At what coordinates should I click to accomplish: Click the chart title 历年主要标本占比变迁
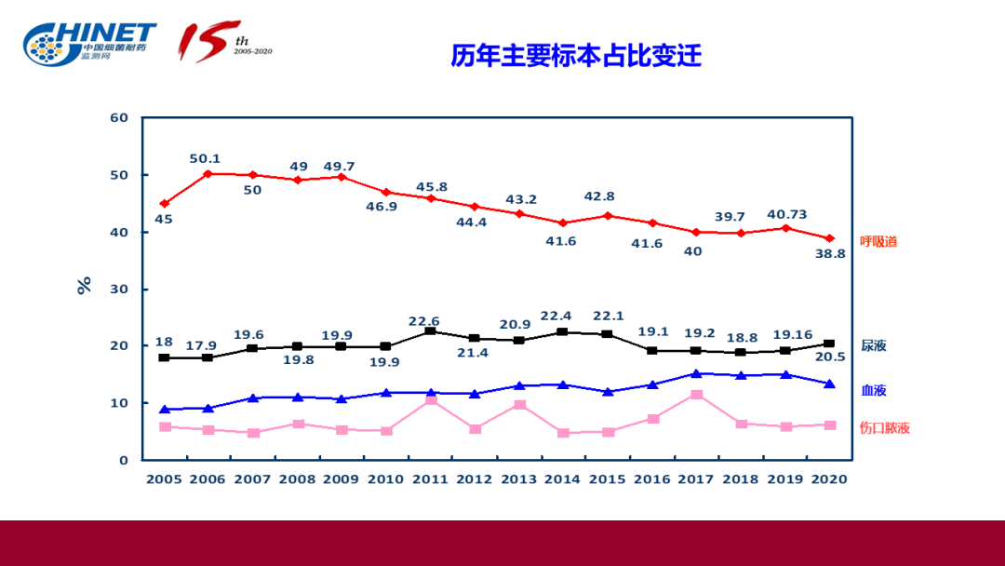[576, 56]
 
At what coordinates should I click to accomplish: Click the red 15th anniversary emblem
[224, 42]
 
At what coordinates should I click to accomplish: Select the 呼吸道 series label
[878, 241]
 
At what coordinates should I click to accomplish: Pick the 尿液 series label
[873, 345]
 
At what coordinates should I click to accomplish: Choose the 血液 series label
[873, 390]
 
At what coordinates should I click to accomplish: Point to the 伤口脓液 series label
[884, 428]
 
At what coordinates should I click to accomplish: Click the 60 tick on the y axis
[118, 118]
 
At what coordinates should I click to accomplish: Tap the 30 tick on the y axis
[118, 290]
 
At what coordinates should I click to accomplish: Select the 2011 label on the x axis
[430, 478]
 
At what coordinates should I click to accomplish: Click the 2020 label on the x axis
[828, 478]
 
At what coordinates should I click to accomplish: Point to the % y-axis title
[85, 285]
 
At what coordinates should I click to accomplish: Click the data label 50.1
[205, 158]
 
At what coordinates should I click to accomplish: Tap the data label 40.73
[786, 214]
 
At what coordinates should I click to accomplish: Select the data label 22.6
[424, 321]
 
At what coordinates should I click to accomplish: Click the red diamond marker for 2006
[208, 173]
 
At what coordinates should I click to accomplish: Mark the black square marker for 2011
[430, 330]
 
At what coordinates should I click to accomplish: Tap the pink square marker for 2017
[696, 395]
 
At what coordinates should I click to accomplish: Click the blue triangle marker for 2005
[165, 410]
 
